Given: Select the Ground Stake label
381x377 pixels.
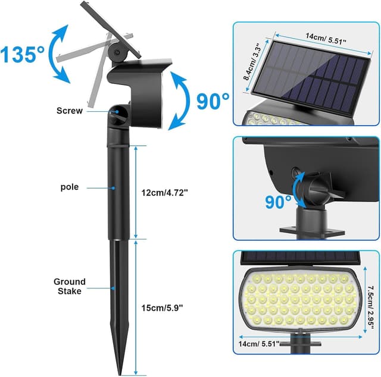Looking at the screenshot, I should tap(69, 286).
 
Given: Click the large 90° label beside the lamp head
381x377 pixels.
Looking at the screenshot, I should tap(213, 102).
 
